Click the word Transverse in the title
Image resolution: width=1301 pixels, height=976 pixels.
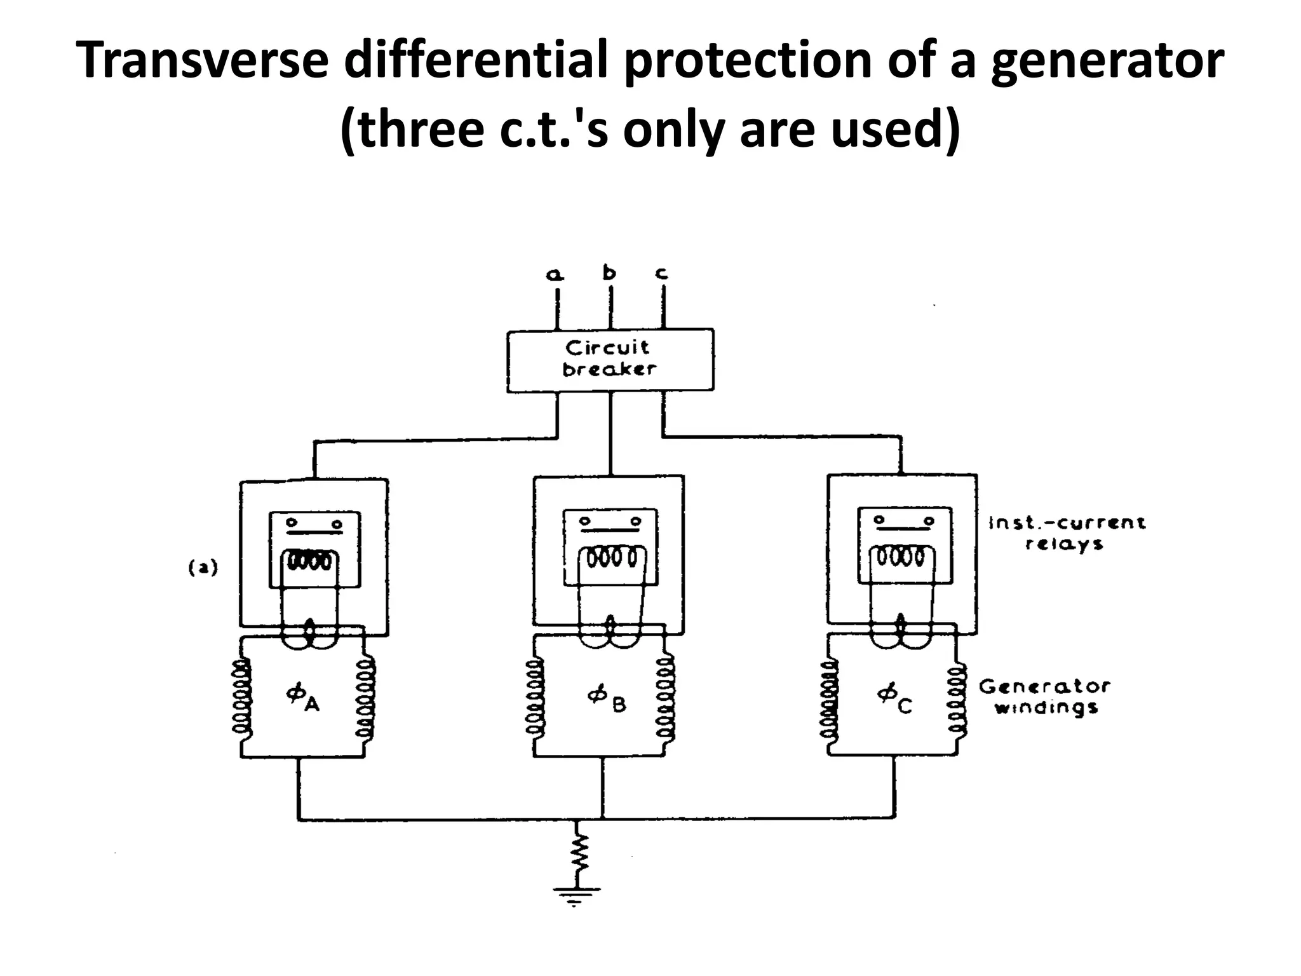202,61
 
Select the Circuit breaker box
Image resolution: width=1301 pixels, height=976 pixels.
610,359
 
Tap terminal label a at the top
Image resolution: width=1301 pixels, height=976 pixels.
555,274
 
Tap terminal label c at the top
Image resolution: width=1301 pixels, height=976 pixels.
661,274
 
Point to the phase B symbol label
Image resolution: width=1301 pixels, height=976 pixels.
606,698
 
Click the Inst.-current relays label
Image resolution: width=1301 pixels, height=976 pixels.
1067,533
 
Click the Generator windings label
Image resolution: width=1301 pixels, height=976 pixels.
1044,696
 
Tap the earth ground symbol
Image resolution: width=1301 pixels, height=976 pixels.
576,895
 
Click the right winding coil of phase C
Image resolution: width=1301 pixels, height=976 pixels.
957,699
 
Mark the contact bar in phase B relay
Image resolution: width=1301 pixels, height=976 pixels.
610,527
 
